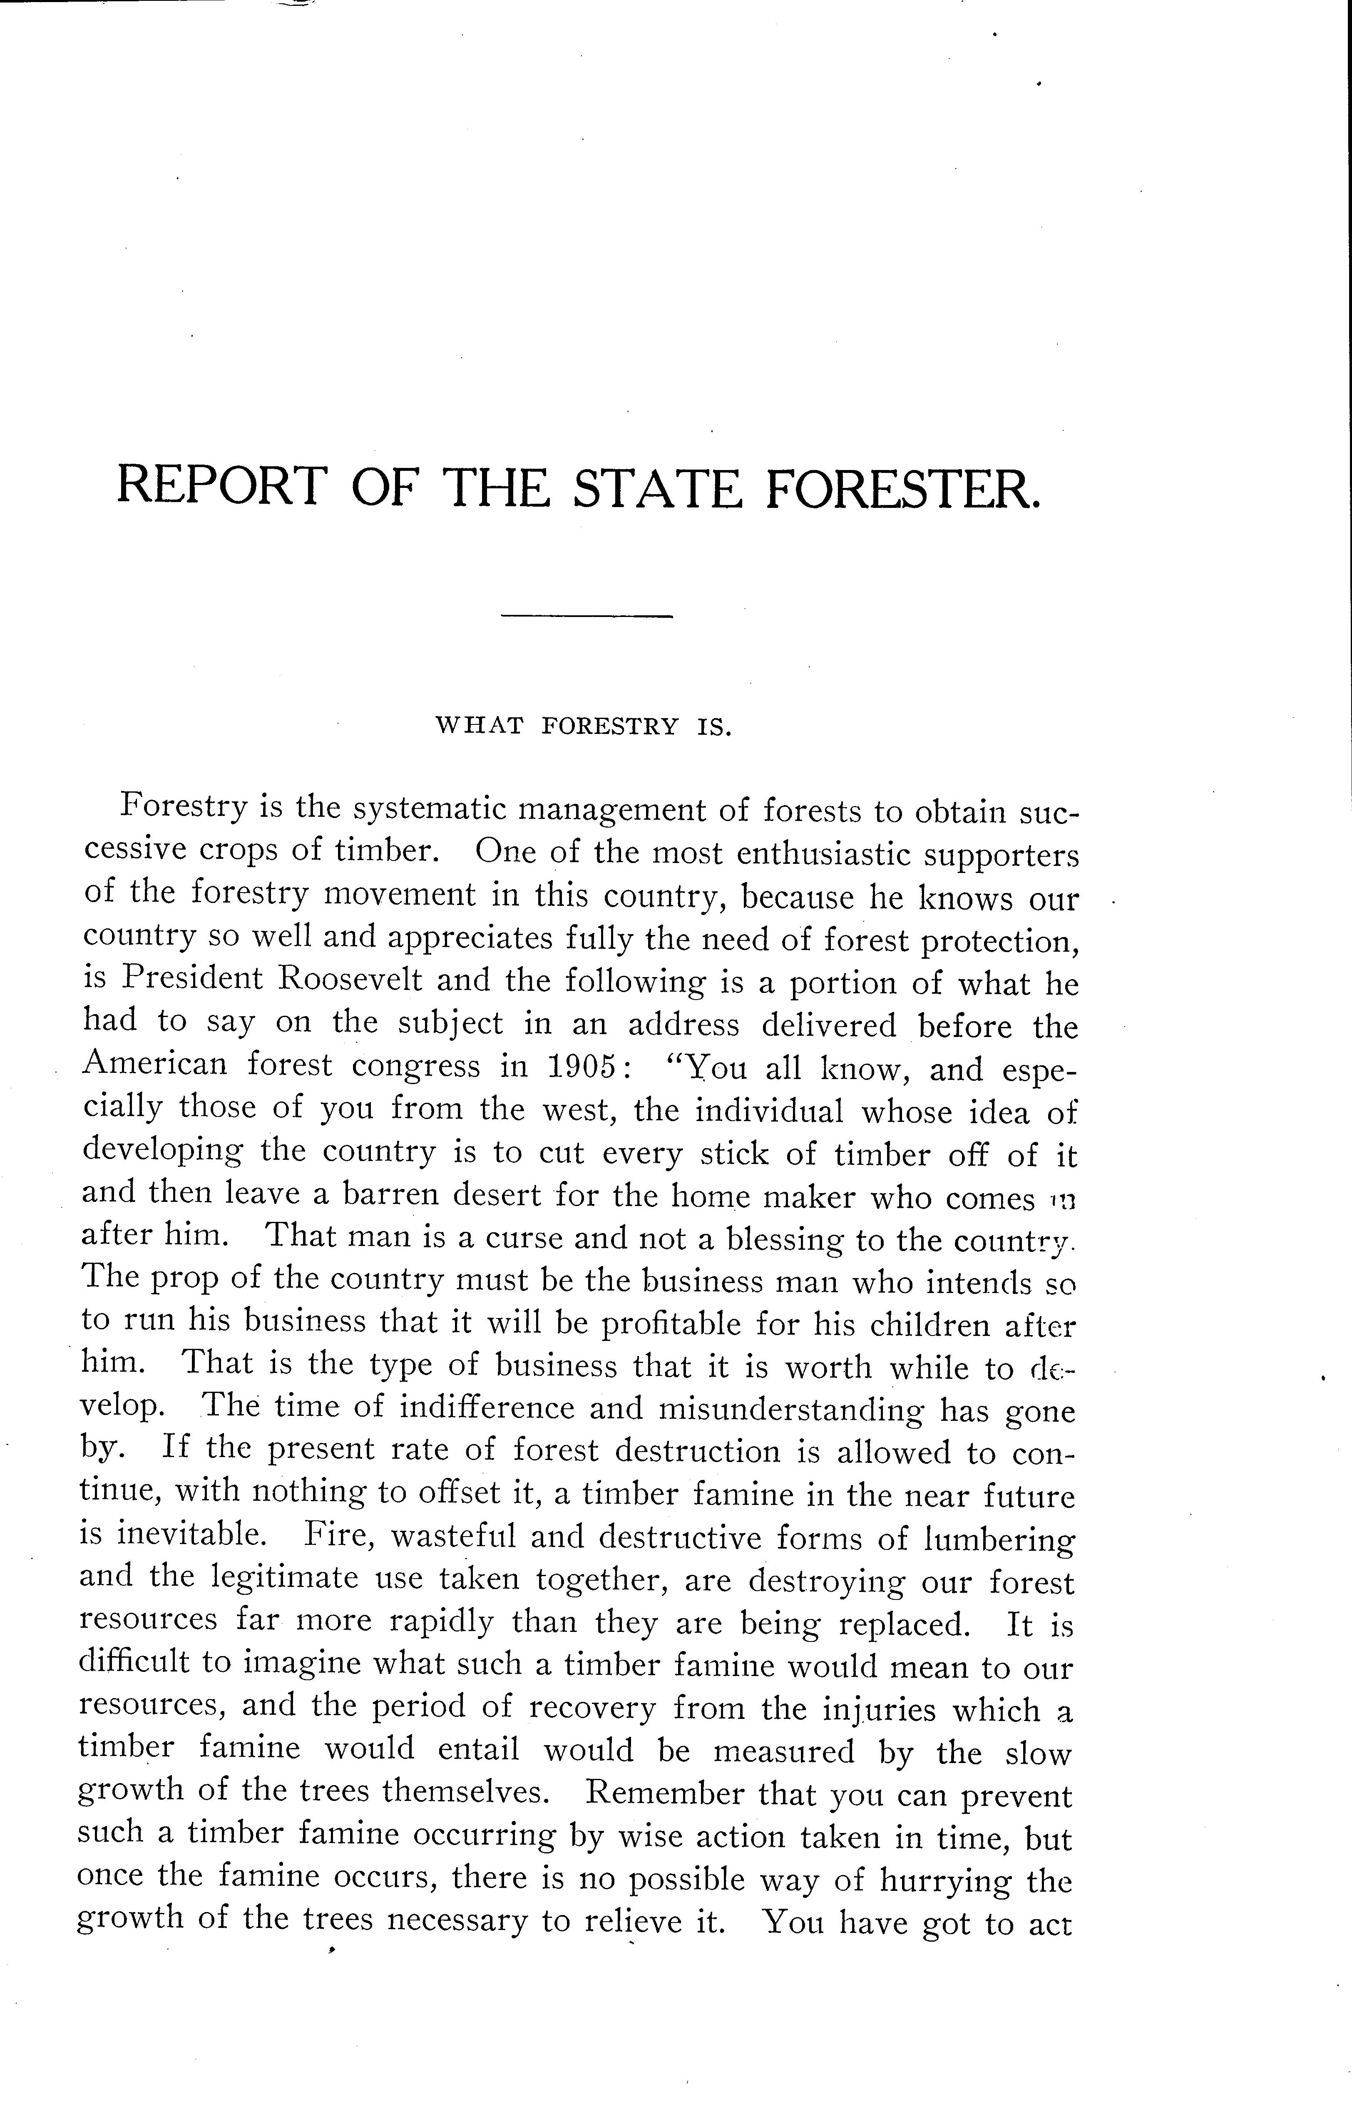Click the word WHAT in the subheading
click(480, 726)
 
